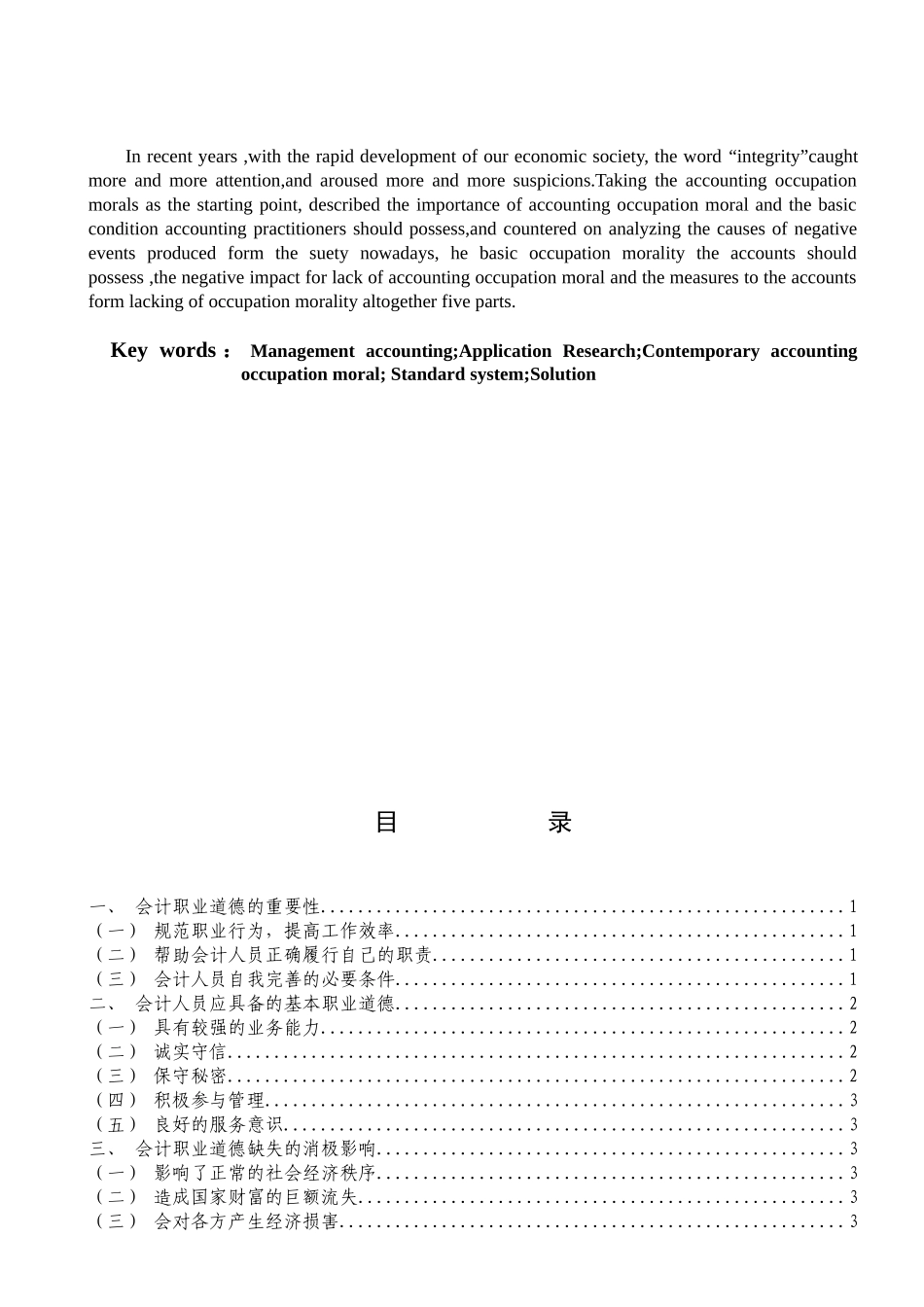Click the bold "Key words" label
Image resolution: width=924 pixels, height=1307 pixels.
[163, 351]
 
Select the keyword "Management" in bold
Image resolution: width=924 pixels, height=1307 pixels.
[302, 351]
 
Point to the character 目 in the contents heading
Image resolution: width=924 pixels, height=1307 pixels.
[386, 823]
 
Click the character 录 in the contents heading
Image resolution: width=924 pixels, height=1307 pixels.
[559, 823]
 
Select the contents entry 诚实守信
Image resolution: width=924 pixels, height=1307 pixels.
[190, 1052]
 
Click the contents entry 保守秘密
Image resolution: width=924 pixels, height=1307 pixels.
[190, 1077]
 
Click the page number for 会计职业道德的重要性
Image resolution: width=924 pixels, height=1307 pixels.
[853, 907]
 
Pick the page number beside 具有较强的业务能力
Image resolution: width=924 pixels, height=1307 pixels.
[853, 1029]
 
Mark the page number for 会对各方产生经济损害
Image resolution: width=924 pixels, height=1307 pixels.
[853, 1222]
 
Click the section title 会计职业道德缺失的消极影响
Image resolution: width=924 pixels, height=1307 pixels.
[255, 1149]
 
